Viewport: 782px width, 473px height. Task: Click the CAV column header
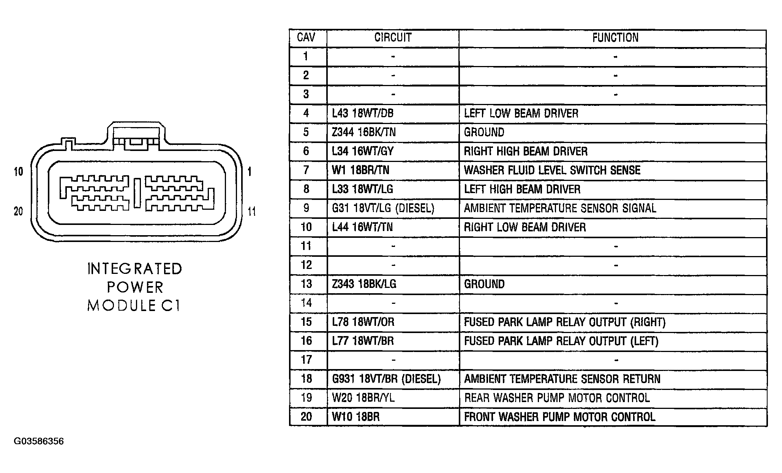tap(306, 38)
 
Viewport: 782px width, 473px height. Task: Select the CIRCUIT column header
tap(393, 38)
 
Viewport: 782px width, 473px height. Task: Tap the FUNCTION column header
tap(615, 38)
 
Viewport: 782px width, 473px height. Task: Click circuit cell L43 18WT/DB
tap(363, 113)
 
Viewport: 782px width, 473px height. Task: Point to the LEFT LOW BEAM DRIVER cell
tap(521, 113)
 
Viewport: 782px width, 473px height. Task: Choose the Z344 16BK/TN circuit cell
tap(364, 132)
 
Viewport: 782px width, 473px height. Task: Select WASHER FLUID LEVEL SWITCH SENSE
tap(552, 170)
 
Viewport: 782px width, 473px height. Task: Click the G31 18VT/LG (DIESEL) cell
tap(383, 208)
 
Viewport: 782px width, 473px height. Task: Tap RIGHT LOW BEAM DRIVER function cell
tap(525, 227)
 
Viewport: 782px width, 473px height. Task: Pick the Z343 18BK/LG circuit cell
tap(364, 284)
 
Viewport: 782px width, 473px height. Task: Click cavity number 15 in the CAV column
tap(306, 322)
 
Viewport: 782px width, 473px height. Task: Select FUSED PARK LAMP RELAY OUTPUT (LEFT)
tap(561, 341)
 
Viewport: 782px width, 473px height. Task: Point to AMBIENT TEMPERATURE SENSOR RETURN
tap(562, 379)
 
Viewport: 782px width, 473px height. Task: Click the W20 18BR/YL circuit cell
tap(363, 398)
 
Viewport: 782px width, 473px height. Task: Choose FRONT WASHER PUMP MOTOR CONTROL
tap(559, 417)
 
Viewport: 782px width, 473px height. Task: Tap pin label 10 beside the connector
tap(18, 172)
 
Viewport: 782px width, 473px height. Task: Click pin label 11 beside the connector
tap(252, 211)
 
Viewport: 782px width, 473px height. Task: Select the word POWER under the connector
tap(135, 287)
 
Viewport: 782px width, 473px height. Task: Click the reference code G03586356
tap(39, 442)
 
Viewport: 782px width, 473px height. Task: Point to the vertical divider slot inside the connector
tap(137, 193)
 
